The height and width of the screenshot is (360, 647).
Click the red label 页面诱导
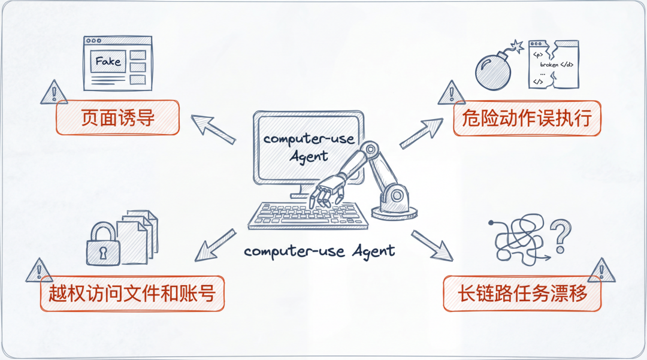click(117, 117)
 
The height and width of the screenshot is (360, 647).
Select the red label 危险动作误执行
click(527, 119)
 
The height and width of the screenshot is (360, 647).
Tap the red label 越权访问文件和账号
click(132, 294)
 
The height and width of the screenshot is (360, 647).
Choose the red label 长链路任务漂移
click(522, 294)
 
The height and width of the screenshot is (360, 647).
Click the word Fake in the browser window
click(108, 62)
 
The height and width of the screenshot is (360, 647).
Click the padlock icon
click(103, 244)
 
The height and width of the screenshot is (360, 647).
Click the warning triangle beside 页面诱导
click(54, 93)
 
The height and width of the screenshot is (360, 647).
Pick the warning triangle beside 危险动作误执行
click(452, 93)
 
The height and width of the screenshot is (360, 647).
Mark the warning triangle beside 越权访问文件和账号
click(39, 271)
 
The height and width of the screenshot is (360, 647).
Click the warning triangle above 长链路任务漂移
click(601, 271)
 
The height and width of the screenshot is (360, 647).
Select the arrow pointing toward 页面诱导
click(213, 129)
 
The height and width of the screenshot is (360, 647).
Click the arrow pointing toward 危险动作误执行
click(421, 133)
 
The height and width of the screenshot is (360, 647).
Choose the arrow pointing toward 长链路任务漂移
click(432, 246)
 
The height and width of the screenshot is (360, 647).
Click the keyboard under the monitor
click(308, 215)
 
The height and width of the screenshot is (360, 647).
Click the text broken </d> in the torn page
click(557, 65)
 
